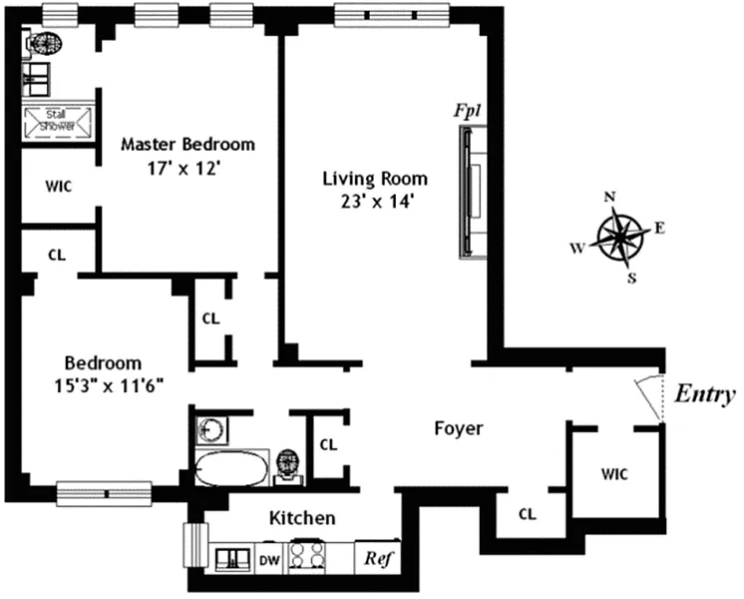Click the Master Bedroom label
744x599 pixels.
(187, 144)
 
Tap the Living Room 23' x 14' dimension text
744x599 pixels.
(375, 202)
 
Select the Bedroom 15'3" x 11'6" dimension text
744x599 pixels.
(109, 385)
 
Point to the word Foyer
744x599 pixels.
(459, 428)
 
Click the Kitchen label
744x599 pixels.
(302, 518)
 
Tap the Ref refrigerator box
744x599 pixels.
(378, 558)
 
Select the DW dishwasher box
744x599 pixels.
(269, 559)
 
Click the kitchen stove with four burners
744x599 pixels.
(308, 556)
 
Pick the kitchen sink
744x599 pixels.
(232, 560)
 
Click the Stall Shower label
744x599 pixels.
(58, 121)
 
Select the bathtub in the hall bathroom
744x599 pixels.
(231, 469)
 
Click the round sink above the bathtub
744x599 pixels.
(211, 430)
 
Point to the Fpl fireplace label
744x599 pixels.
(468, 111)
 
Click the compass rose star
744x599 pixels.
(620, 236)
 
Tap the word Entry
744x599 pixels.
(705, 394)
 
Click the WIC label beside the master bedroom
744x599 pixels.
(59, 187)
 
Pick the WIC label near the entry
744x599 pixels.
(614, 474)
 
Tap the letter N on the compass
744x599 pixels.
(609, 197)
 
